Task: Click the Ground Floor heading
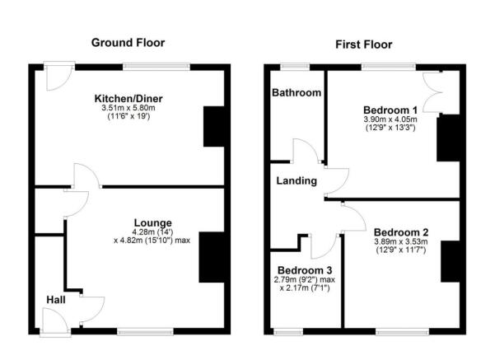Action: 128,43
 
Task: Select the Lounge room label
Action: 153,222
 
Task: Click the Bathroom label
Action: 297,93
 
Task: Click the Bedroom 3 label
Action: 305,270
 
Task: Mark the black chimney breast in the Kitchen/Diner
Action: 213,127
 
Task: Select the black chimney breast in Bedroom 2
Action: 451,262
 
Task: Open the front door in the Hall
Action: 56,323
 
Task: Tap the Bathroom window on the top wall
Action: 293,66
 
